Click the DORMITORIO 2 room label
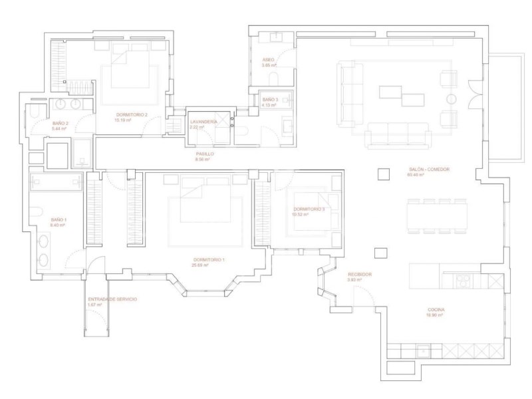point(130,114)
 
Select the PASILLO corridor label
point(204,154)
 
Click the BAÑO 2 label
point(61,124)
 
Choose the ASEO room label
point(268,60)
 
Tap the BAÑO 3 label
point(269,99)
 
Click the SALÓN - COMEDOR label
point(429,170)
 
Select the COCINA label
point(436,311)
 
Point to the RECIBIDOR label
point(359,274)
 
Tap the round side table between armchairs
point(450,99)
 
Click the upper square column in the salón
point(382,174)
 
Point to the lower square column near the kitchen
point(382,253)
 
